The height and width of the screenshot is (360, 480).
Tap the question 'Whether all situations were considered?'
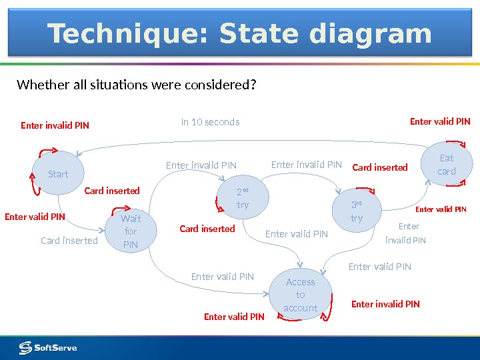click(136, 85)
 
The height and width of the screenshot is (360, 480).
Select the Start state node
click(58, 174)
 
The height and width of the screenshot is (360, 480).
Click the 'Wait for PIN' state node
click(131, 231)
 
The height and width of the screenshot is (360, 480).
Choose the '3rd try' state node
click(357, 211)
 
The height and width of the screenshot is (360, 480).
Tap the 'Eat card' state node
click(447, 165)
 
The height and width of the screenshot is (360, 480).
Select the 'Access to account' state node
click(300, 295)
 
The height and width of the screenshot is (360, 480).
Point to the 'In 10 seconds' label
click(210, 122)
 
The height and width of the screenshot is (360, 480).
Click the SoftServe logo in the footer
click(48, 347)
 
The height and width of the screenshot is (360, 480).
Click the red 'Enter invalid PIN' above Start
click(55, 125)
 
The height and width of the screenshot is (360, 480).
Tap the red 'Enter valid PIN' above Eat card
click(440, 121)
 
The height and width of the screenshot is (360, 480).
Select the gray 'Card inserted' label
click(69, 241)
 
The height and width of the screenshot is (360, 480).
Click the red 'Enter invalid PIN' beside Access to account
click(385, 304)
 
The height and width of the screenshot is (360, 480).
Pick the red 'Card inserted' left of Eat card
click(379, 167)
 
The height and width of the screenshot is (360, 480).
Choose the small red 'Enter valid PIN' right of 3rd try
click(441, 209)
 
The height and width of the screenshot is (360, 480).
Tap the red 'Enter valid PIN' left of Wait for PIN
click(35, 217)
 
